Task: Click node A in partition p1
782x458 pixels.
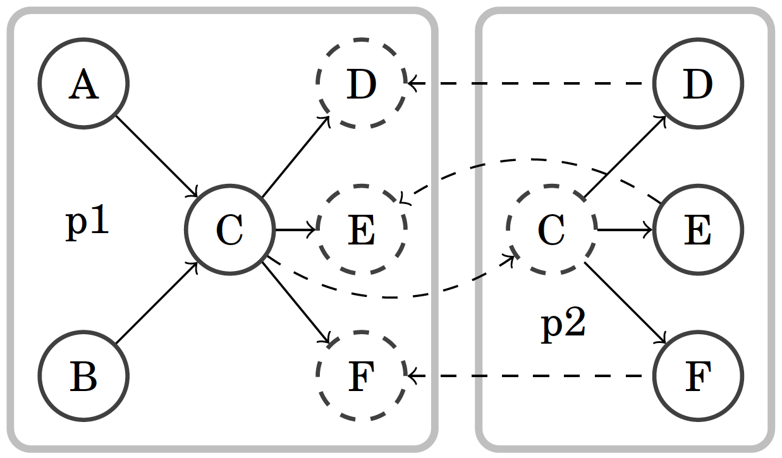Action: [x=83, y=83]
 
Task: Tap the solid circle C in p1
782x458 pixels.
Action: [x=229, y=229]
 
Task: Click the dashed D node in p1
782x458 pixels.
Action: [x=360, y=83]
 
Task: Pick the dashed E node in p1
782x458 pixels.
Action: [x=360, y=229]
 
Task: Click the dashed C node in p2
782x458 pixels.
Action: [x=551, y=229]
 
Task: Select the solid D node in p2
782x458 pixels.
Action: [x=698, y=83]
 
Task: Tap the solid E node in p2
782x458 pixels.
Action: [x=698, y=229]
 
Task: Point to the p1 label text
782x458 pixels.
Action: [x=88, y=224]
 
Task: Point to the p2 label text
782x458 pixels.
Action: [x=564, y=327]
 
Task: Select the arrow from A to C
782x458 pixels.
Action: [x=157, y=156]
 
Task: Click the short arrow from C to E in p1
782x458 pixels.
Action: [x=295, y=229]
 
